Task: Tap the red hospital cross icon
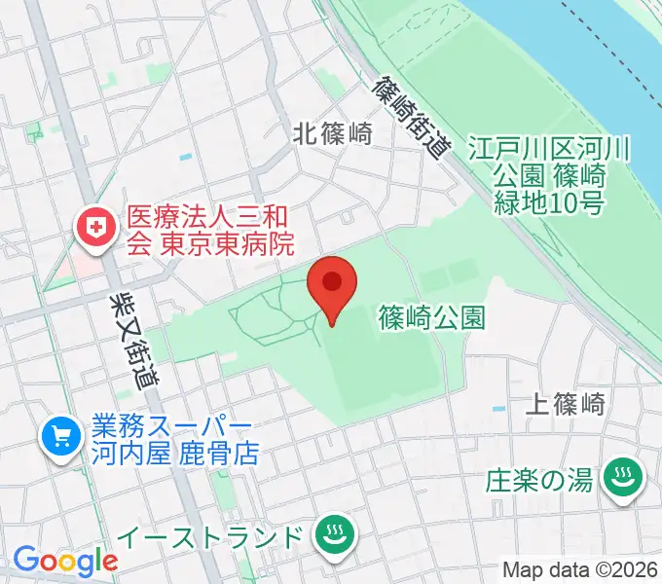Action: [x=96, y=230]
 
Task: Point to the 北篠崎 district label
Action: [x=333, y=135]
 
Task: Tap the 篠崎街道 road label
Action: [x=413, y=118]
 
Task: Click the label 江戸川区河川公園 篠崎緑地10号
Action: [x=550, y=176]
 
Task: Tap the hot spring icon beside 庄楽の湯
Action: [x=619, y=478]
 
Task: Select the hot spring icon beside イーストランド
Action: [x=336, y=534]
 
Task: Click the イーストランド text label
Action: [x=224, y=535]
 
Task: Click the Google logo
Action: [x=64, y=562]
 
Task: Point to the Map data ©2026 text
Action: [x=580, y=569]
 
